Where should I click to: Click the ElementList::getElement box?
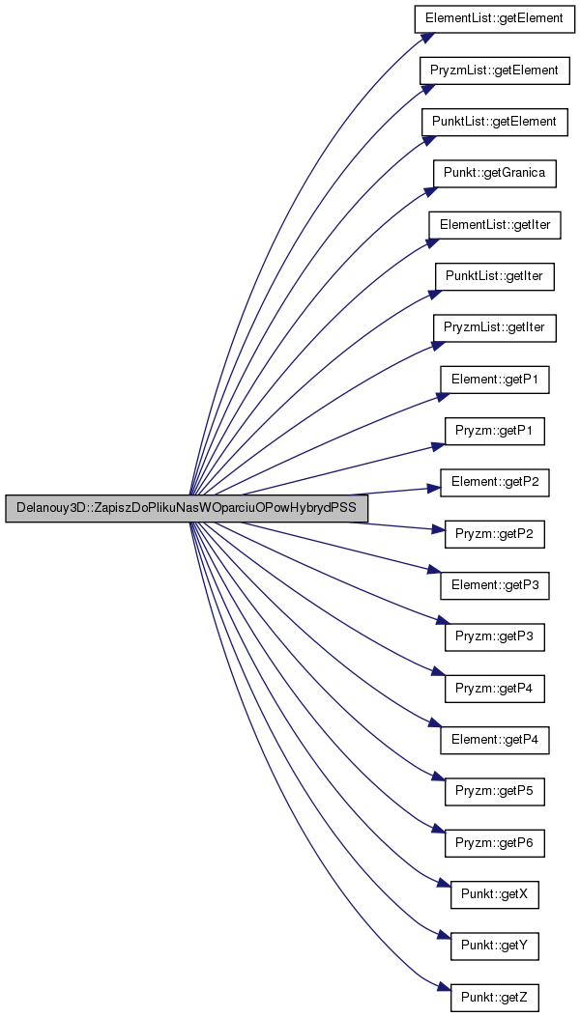(x=495, y=18)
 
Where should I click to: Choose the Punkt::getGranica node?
(x=495, y=174)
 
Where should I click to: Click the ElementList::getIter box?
(x=495, y=225)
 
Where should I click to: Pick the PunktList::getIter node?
(x=495, y=277)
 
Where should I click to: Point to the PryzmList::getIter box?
(x=495, y=328)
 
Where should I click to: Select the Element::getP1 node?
(x=495, y=381)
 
